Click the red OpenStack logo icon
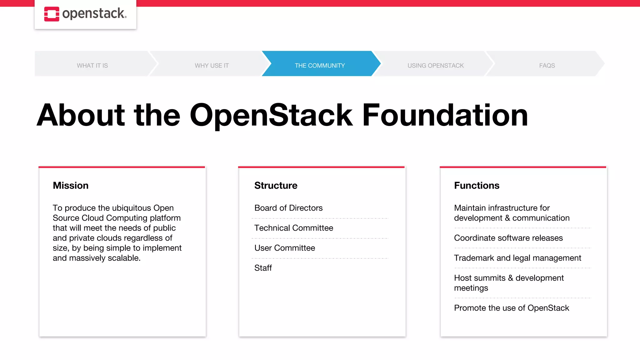coord(52,14)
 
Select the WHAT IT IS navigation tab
coord(92,66)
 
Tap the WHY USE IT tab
coord(212,66)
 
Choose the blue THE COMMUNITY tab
coord(320,66)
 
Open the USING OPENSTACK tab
coord(435,66)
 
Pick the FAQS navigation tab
coord(547,66)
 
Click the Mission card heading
coord(71,185)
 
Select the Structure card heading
coord(276,185)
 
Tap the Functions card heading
coord(477,185)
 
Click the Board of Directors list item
coord(288,208)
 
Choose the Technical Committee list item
coord(293,228)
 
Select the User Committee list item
coord(284,248)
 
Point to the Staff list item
coord(263,268)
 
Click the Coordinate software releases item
coord(508,238)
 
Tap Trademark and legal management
coord(517,258)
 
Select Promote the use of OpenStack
coord(511,308)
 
